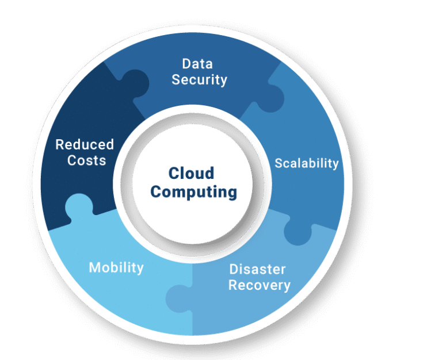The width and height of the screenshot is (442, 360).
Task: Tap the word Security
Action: [x=199, y=80]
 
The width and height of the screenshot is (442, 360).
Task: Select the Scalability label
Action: [x=306, y=163]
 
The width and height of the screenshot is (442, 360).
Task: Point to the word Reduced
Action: [x=85, y=144]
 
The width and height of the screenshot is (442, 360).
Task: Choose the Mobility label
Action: [x=116, y=268]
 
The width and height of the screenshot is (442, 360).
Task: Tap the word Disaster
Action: [x=257, y=269]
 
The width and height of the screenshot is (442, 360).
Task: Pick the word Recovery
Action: [x=259, y=285]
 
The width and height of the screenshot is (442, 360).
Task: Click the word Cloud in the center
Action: [x=191, y=173]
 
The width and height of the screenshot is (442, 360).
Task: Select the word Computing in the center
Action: [x=193, y=192]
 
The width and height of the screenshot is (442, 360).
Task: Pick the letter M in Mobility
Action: [x=94, y=268]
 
